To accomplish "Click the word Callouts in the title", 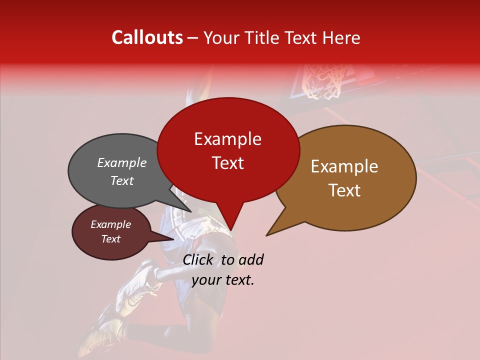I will point(147,37).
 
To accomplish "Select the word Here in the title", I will point(343,38).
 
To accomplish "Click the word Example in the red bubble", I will point(227,139).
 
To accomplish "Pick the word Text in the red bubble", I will point(227,163).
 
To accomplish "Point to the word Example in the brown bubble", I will point(344,166).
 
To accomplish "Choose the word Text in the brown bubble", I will point(344,190).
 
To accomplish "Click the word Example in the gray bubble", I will point(121,162).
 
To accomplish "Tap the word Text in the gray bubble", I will point(121,180).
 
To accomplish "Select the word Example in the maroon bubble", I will point(110,224).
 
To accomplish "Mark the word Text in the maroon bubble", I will point(110,239).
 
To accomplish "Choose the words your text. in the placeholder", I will point(223,280).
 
